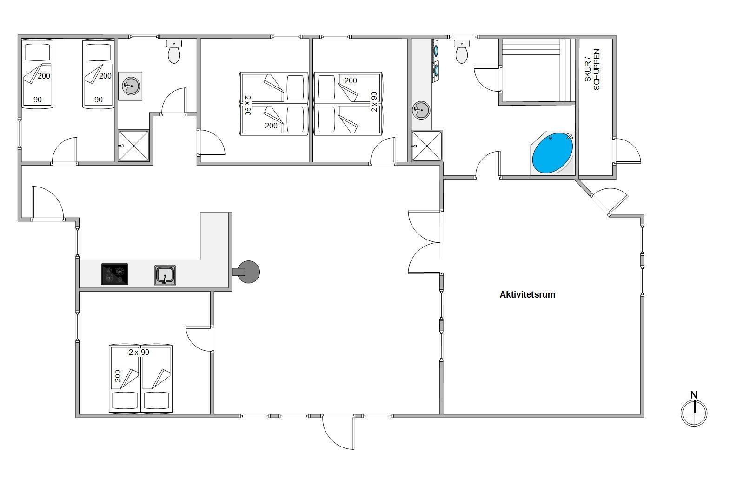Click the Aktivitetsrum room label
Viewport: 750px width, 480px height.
pyautogui.click(x=527, y=295)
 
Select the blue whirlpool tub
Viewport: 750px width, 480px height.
pyautogui.click(x=552, y=153)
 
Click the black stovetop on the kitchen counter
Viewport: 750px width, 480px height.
pyautogui.click(x=114, y=274)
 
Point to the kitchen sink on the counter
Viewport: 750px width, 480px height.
pyautogui.click(x=165, y=275)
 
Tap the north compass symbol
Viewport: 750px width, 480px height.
pyautogui.click(x=694, y=413)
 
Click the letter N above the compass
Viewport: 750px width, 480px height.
pyautogui.click(x=694, y=395)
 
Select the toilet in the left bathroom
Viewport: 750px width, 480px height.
pyautogui.click(x=174, y=52)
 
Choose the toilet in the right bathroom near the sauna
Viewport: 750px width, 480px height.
pyautogui.click(x=462, y=52)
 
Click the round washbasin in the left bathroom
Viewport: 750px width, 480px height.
pyautogui.click(x=131, y=86)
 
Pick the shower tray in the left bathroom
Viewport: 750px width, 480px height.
pyautogui.click(x=133, y=146)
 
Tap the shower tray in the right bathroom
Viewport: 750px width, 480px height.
pyautogui.click(x=427, y=146)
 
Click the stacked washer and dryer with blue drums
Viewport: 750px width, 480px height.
pyautogui.click(x=435, y=61)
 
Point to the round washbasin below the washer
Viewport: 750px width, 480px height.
pyautogui.click(x=421, y=110)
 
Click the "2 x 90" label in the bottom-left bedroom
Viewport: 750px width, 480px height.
pyautogui.click(x=139, y=353)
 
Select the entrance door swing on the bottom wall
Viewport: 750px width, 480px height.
pyautogui.click(x=338, y=432)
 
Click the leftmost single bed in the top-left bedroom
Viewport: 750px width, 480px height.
pyautogui.click(x=38, y=73)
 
